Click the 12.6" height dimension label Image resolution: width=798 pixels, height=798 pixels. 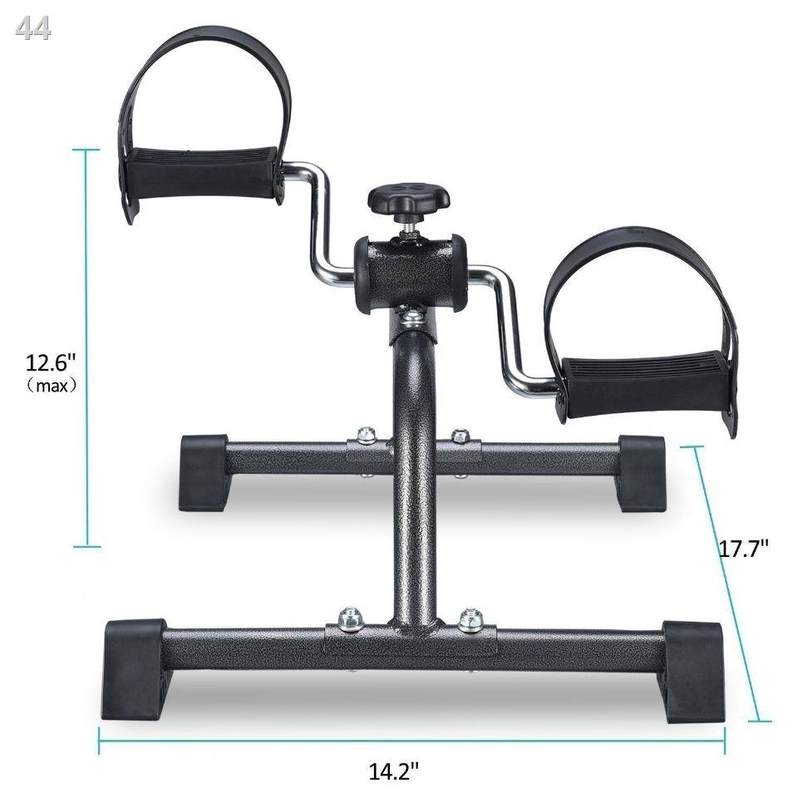tap(51, 363)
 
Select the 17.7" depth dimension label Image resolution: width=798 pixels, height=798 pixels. tap(743, 549)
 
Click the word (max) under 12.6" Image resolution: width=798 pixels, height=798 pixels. tap(52, 386)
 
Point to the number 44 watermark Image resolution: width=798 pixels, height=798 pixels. tap(33, 29)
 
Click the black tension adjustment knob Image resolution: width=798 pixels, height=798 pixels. tap(409, 200)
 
